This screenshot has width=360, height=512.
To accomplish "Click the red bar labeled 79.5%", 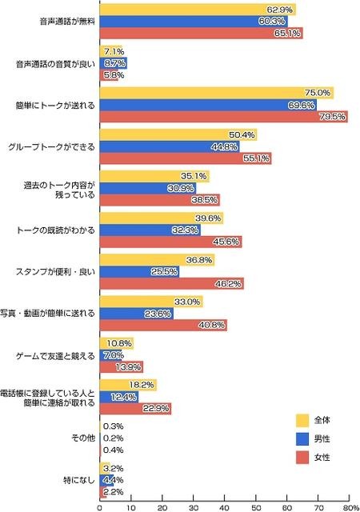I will pos(223,117).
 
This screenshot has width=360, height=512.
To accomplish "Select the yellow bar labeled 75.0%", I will pos(216,92).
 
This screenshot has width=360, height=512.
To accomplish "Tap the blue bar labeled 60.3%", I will pos(194,21).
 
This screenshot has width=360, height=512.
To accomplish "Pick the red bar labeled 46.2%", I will pos(171,283).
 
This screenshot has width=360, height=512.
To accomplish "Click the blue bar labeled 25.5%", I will pos(139,271).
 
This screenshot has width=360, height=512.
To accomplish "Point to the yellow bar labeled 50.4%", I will pos(178,134).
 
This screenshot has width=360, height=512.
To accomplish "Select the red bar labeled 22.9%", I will pos(135,409).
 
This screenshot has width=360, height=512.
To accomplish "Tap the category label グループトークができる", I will pos(52,146).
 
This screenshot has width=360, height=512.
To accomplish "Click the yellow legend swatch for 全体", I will pos(302,419).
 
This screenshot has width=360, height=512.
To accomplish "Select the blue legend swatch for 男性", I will pos(302,438).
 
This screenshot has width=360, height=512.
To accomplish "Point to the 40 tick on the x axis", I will pos(225,506).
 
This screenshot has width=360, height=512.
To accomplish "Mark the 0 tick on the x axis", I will pos(100,506).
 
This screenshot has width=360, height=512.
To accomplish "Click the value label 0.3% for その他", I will pos(113,426).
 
